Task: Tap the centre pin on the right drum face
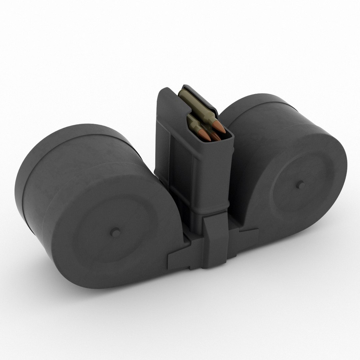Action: [300, 184]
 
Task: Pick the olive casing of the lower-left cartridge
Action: [194, 124]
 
